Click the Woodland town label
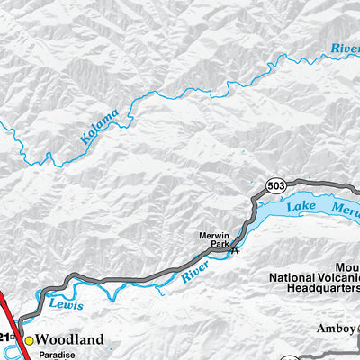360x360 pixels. point(69,339)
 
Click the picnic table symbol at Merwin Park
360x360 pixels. point(235,251)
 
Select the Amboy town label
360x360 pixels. point(337,329)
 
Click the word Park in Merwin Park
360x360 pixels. point(216,245)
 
